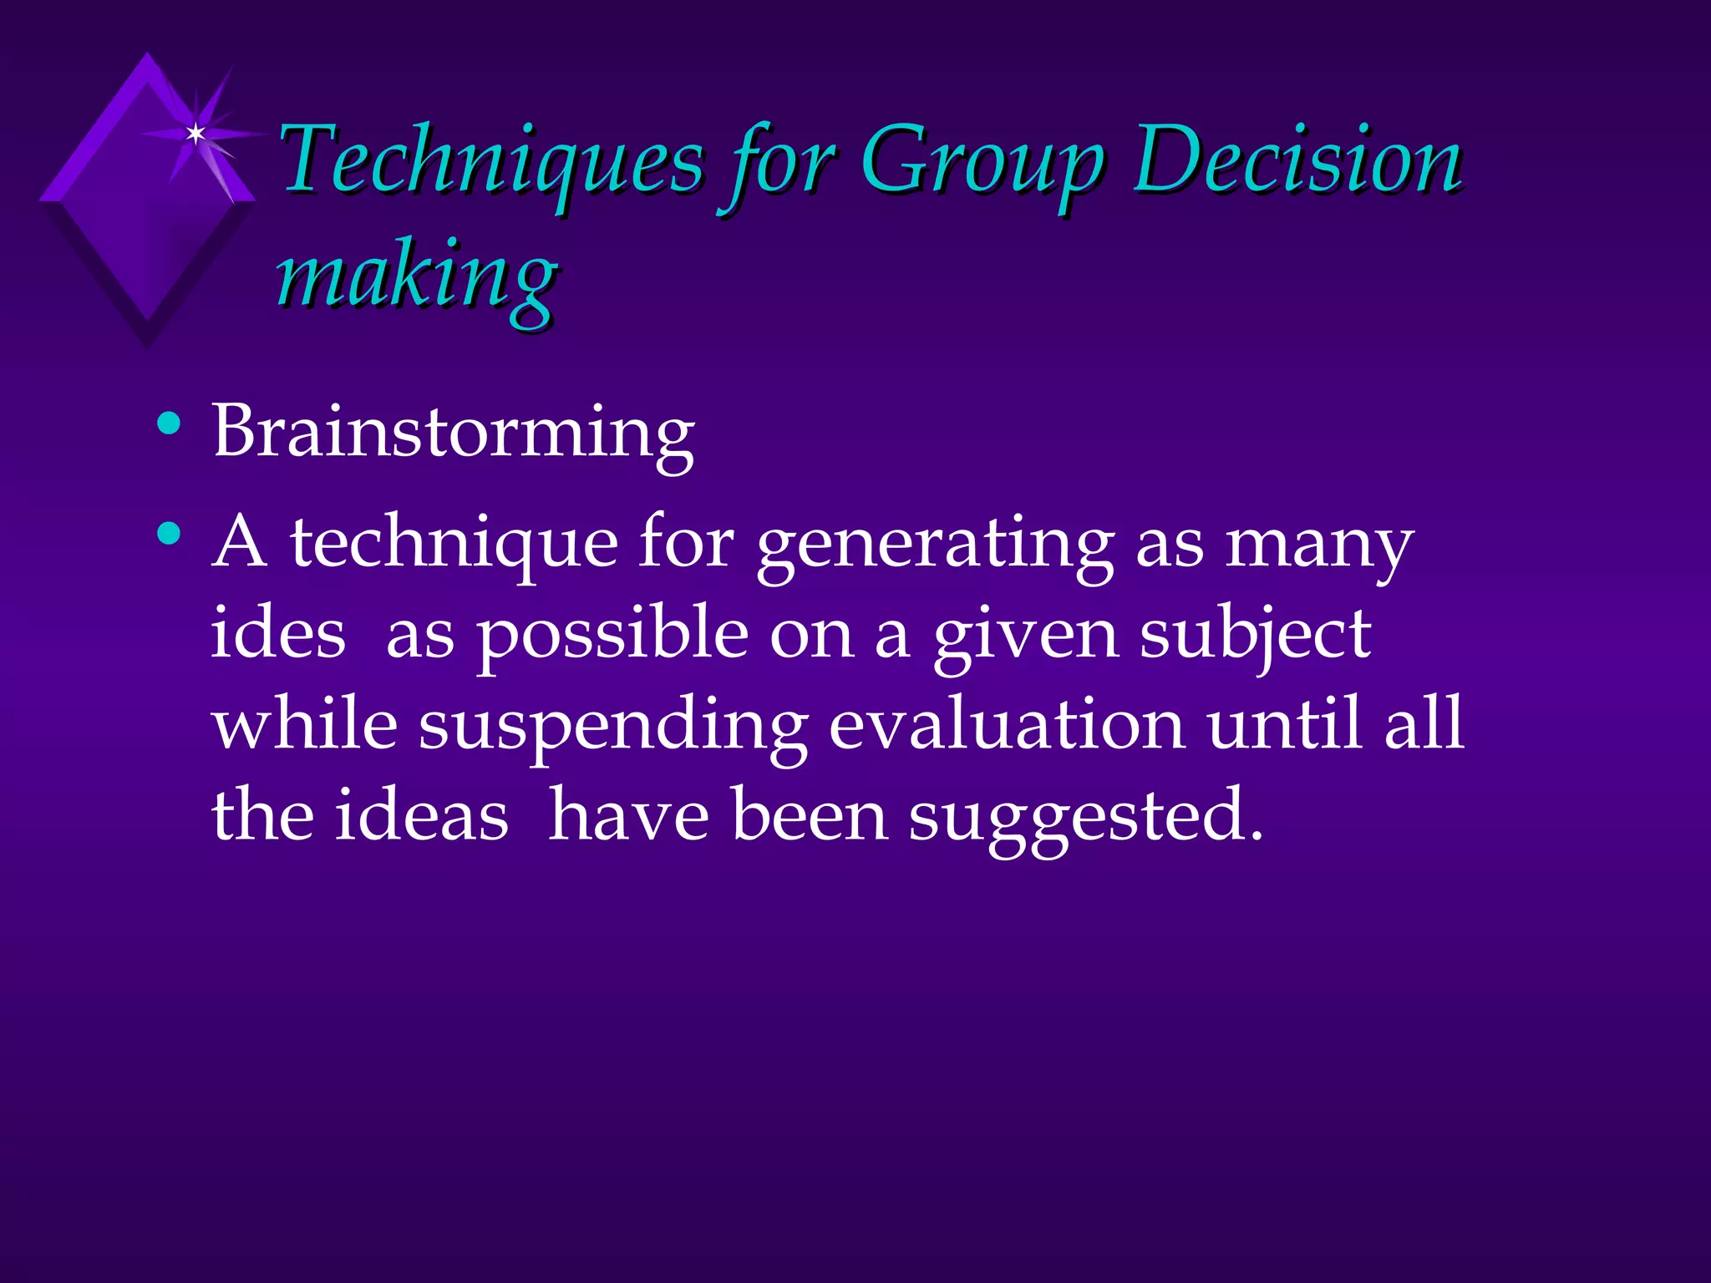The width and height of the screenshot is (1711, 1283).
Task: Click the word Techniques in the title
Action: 493,160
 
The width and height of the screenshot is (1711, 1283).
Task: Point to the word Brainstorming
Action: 453,433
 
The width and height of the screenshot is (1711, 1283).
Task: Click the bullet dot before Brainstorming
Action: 169,423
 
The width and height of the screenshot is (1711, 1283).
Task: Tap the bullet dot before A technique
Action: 169,533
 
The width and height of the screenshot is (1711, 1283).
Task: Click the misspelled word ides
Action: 277,632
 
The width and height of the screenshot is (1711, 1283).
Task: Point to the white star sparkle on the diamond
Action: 195,133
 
